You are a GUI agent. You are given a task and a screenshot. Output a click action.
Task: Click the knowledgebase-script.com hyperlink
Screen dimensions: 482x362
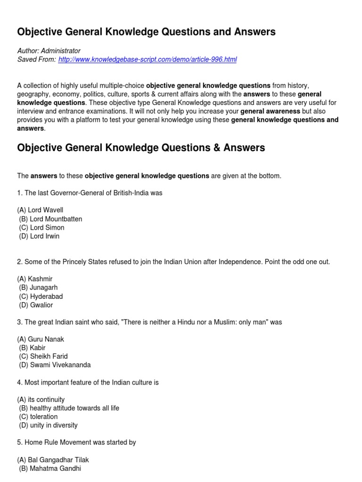148,59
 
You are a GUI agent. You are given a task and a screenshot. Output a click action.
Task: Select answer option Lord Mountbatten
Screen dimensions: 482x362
50,219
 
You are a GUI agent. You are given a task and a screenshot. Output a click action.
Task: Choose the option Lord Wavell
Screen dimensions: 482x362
40,210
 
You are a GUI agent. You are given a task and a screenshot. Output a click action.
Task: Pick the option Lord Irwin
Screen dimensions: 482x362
39,236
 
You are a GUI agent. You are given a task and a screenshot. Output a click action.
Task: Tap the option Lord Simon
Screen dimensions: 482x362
41,227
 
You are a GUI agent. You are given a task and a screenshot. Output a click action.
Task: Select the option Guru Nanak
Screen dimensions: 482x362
41,339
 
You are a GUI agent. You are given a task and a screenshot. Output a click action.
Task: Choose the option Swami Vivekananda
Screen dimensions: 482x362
55,365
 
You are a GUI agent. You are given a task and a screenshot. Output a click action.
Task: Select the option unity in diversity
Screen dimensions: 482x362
48,425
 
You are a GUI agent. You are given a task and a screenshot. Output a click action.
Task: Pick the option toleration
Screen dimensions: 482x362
38,417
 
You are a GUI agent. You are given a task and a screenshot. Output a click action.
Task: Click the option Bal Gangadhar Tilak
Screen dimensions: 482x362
53,460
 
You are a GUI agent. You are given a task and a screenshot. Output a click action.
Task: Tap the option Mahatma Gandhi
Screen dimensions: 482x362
50,468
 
